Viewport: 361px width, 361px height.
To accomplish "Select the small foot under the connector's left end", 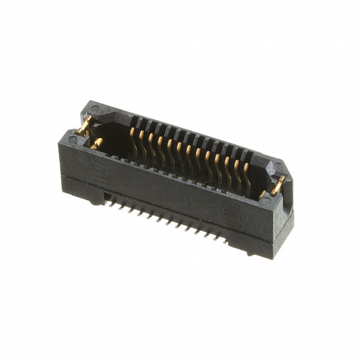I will click(x=93, y=198).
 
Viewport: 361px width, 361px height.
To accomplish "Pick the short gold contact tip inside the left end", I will click(x=98, y=142).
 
